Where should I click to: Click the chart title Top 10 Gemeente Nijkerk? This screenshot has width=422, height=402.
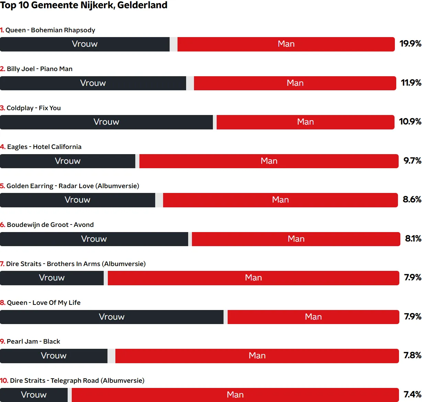click(84, 5)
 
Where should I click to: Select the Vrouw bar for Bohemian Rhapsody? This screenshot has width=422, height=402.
click(85, 44)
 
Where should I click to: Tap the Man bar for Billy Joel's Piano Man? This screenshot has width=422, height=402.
click(295, 83)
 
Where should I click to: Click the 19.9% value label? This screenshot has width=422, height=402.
click(410, 44)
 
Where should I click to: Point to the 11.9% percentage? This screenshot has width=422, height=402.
click(411, 83)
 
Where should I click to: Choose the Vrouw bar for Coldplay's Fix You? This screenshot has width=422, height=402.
click(106, 122)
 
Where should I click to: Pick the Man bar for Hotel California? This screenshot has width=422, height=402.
click(269, 161)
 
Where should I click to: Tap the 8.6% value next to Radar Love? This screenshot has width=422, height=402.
click(412, 199)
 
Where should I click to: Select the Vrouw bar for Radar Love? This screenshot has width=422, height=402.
click(78, 200)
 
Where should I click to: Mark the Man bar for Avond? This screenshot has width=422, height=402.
click(296, 239)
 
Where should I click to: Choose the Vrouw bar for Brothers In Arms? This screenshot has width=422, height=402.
click(52, 278)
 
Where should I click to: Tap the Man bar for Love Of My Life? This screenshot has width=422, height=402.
click(313, 317)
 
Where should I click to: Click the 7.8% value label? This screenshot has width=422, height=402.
click(412, 355)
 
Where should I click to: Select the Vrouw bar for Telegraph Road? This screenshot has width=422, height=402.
click(34, 395)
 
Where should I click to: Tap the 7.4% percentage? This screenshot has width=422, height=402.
click(412, 394)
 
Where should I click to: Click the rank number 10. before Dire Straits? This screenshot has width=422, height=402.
click(4, 381)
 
